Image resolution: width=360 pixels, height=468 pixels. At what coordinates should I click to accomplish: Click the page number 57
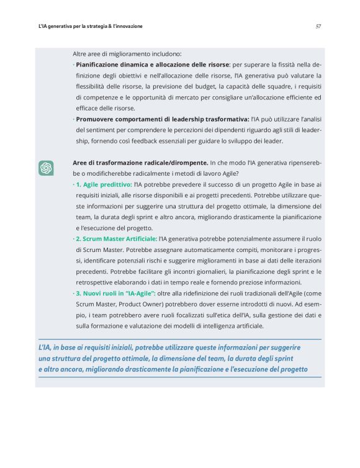(x=318, y=26)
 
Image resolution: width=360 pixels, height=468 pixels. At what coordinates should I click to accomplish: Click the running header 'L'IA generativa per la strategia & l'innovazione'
(x=91, y=26)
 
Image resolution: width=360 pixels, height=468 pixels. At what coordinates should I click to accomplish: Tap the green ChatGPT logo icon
(x=46, y=168)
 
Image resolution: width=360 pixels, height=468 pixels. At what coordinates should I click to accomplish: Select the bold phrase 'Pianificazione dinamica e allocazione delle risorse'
(x=151, y=64)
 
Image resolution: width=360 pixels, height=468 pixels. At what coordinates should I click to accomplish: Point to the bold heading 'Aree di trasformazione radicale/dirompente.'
(x=140, y=163)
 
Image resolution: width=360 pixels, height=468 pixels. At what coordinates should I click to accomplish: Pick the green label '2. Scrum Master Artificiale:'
(x=116, y=238)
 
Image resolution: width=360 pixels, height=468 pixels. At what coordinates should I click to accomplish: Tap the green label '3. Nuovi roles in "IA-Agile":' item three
(x=116, y=292)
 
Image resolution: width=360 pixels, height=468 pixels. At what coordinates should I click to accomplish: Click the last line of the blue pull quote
(x=173, y=369)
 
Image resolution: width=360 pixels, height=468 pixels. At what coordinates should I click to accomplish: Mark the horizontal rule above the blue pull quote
(x=179, y=339)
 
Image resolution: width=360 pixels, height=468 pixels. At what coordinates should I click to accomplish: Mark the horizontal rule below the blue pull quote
(x=179, y=377)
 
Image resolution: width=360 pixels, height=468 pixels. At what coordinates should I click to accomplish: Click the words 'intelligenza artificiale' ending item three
(x=232, y=326)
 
